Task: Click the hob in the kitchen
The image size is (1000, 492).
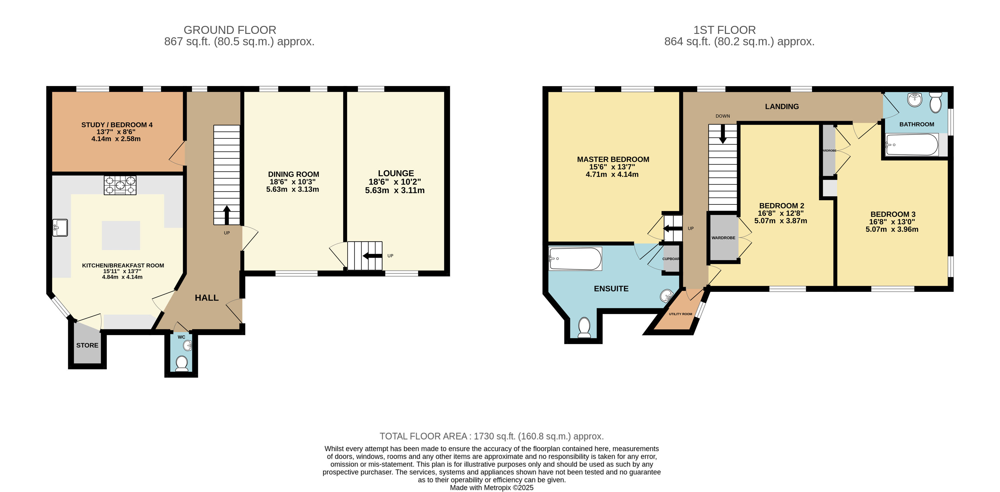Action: click(120, 185)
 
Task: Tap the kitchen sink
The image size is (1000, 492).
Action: click(60, 227)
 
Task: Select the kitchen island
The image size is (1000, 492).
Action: click(121, 235)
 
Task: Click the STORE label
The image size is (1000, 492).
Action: click(87, 345)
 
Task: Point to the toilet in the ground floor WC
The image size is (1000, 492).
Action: click(182, 364)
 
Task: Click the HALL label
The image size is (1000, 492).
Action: click(206, 298)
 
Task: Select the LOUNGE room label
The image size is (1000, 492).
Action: click(396, 173)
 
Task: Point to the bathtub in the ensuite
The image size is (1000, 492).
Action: click(575, 259)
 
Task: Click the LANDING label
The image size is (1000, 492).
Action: click(782, 106)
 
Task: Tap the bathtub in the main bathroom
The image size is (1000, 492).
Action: click(912, 145)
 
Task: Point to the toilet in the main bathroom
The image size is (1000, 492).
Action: click(936, 103)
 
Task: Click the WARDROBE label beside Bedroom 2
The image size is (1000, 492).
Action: click(723, 238)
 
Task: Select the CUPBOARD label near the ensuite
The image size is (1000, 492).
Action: click(671, 259)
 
